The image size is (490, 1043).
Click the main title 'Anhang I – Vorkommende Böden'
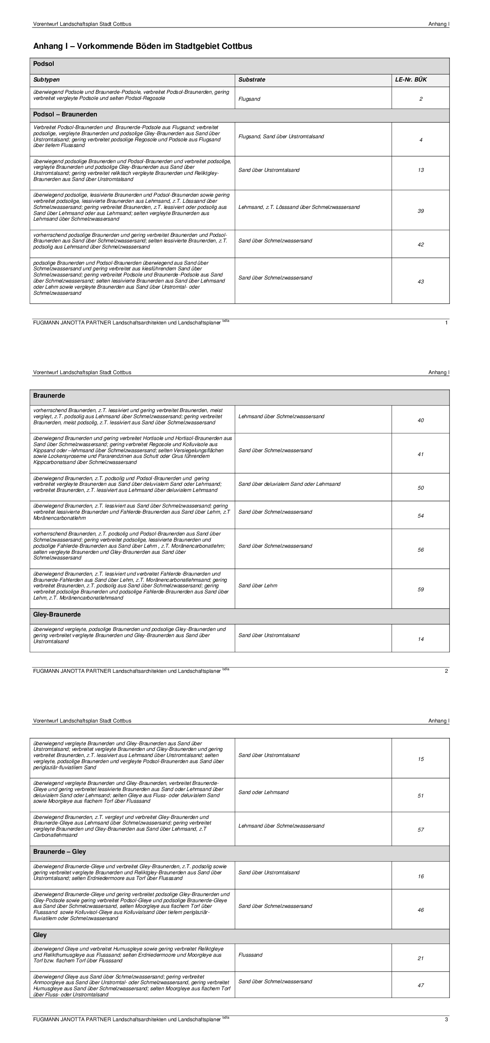click(x=143, y=46)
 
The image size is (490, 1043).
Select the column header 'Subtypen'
click(x=47, y=80)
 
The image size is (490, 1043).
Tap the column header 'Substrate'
click(x=252, y=80)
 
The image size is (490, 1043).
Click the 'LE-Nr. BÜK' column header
click(x=411, y=80)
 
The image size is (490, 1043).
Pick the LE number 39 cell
click(x=421, y=211)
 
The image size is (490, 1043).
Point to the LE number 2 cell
click(x=421, y=99)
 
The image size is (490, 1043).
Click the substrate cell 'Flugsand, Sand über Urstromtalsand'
click(x=281, y=136)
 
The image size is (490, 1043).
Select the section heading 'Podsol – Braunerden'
click(x=65, y=114)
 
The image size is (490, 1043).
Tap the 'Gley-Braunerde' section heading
click(x=57, y=614)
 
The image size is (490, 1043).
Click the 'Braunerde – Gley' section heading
click(x=60, y=852)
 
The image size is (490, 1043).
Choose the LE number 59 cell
click(x=421, y=590)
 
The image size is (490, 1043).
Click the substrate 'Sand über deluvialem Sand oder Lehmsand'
click(x=290, y=484)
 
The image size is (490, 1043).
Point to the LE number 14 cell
click(x=421, y=639)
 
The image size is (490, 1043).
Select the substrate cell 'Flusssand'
click(x=250, y=955)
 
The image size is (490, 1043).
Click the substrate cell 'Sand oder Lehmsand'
click(x=264, y=792)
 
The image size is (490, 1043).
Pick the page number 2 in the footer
click(x=446, y=671)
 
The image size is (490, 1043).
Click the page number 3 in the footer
click(x=446, y=1019)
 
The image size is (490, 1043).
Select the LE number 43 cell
click(x=421, y=282)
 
